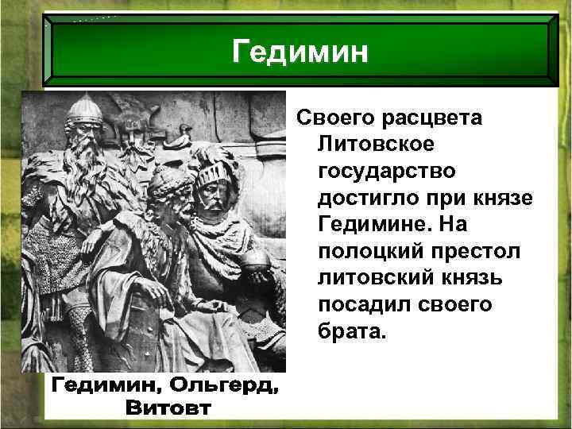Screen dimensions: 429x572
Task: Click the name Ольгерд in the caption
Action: tap(222, 388)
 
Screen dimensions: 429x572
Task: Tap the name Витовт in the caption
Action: tap(168, 408)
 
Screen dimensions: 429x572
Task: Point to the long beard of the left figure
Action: tap(85, 179)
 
